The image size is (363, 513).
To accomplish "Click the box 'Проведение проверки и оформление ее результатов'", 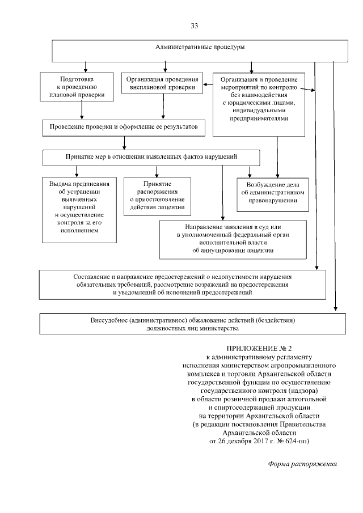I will (124, 128).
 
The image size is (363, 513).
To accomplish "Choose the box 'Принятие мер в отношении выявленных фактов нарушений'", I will (151, 156).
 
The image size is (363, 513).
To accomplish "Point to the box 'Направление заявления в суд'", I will (233, 238).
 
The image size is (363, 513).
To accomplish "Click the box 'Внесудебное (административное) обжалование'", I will (192, 324).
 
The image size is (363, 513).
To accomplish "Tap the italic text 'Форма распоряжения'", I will (302, 464).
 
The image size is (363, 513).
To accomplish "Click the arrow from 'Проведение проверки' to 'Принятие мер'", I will (124, 142).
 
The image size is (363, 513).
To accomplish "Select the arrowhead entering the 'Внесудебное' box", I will (335, 310).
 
